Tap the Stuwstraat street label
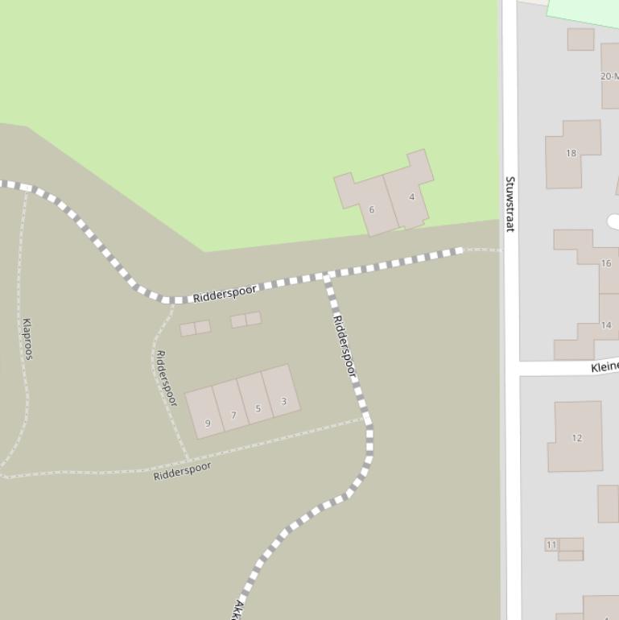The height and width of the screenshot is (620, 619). point(510,204)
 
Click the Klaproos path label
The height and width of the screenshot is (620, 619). point(27,338)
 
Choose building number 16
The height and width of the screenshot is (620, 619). point(605,263)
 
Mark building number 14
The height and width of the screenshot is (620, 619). point(605,325)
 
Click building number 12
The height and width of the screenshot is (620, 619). point(576,438)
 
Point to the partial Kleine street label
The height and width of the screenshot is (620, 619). point(604,367)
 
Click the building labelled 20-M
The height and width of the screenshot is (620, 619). point(610,76)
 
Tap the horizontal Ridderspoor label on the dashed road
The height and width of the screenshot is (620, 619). point(225,293)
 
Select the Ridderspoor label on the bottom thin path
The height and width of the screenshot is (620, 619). point(182,471)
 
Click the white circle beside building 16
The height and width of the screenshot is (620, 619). point(613,221)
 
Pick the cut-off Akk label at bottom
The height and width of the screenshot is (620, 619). point(238,610)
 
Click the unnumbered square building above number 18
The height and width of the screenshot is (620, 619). point(580,39)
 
